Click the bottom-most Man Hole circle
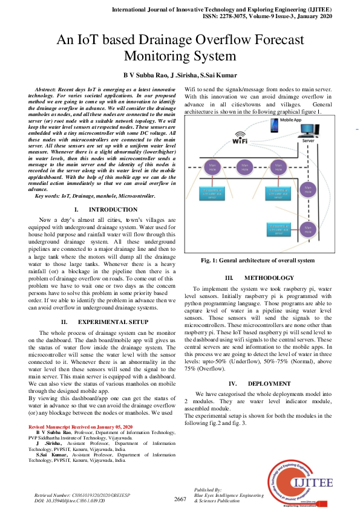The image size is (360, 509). click(309, 230)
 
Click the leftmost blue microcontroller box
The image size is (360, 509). click(211, 193)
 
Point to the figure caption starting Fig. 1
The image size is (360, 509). click(258, 261)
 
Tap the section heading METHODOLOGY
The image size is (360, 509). click(260, 278)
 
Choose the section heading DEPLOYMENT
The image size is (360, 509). click(260, 384)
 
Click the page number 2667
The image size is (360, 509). click(180, 499)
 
